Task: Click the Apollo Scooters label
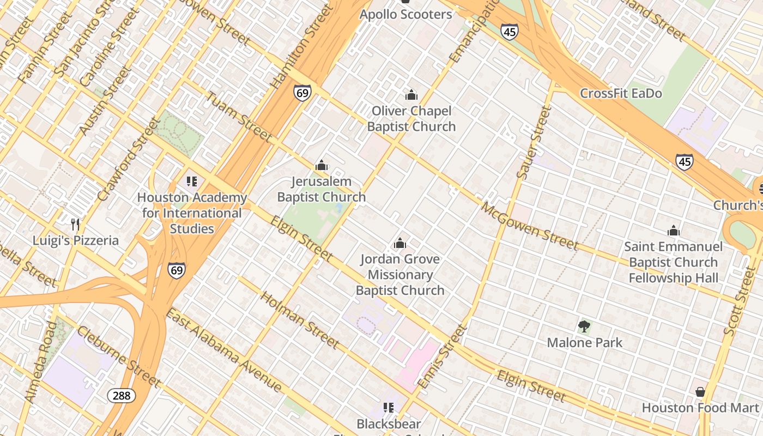click(405, 14)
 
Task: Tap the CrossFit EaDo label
click(621, 93)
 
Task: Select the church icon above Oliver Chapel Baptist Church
click(411, 95)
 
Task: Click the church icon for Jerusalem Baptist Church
click(322, 165)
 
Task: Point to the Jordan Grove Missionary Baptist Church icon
click(400, 243)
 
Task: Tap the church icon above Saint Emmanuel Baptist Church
click(674, 231)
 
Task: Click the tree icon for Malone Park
click(584, 326)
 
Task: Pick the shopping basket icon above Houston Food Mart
click(700, 392)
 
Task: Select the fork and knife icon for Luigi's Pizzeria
click(75, 224)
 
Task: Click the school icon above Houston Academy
click(191, 181)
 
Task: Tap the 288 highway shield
click(121, 395)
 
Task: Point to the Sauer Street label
click(534, 143)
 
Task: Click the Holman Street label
click(300, 320)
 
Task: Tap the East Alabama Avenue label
click(223, 350)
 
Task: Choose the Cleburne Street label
click(118, 356)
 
